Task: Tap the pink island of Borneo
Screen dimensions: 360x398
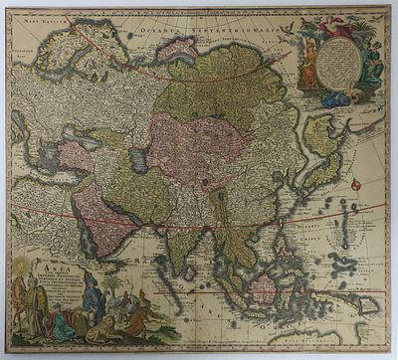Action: pyautogui.click(x=264, y=288)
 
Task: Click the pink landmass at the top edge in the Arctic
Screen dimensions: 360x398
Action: pyautogui.click(x=175, y=46)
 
